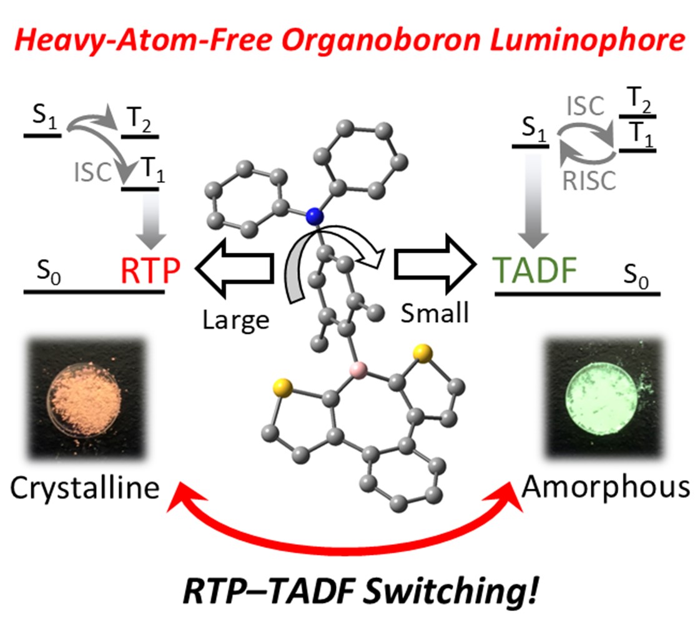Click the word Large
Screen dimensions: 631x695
(235, 319)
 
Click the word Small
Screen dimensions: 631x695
(435, 313)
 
